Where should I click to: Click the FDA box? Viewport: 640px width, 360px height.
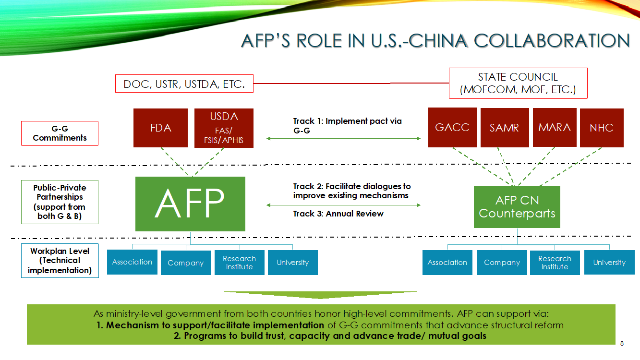160,128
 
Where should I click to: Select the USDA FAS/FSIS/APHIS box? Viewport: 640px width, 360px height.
224,128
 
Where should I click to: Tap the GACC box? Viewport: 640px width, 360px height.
452,127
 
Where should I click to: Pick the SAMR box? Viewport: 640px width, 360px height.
504,127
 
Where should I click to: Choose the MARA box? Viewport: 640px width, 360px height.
554,127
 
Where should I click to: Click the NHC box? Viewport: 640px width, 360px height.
602,128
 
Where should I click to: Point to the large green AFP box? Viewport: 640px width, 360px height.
190,204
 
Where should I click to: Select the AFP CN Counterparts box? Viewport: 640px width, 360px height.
517,207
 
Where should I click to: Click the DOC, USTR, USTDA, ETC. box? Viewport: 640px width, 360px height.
184,84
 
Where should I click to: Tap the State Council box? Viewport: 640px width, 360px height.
518,83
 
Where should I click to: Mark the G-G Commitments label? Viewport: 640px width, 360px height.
60,133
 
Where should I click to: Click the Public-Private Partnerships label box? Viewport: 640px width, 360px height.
60,202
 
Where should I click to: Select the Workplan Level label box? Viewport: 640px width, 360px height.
60,261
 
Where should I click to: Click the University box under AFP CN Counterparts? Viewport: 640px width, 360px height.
609,263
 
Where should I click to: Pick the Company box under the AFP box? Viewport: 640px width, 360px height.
185,263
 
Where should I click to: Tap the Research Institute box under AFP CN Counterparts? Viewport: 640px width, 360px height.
555,263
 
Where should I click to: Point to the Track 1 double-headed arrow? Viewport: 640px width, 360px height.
343,139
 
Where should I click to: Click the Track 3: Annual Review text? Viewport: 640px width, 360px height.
338,214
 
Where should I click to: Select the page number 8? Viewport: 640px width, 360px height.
622,343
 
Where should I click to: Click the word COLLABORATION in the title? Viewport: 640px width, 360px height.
552,41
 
